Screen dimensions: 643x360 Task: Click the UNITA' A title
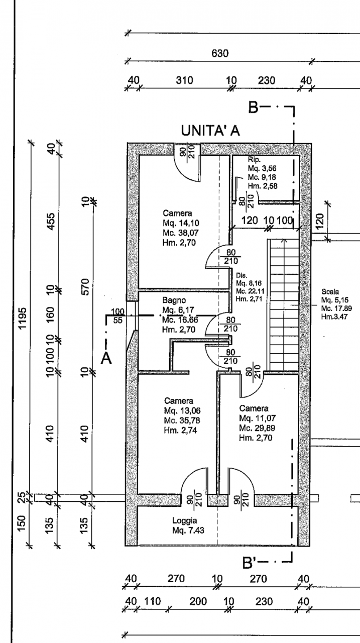[x=210, y=131]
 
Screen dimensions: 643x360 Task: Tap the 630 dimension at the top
[x=220, y=54]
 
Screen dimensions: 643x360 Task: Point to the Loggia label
[x=184, y=521]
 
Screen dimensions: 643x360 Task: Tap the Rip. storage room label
[x=254, y=160]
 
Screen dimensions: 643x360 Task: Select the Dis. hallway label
[x=241, y=276]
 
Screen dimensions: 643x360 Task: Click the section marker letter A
[x=106, y=358]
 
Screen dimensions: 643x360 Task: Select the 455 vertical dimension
[x=51, y=220]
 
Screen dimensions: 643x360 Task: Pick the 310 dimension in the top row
[x=184, y=80]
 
